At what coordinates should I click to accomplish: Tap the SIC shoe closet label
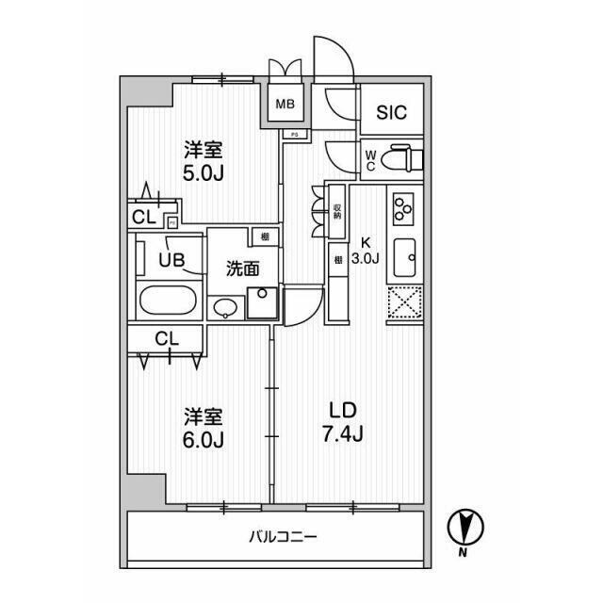pos(392,113)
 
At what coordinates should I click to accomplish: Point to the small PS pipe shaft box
pos(293,134)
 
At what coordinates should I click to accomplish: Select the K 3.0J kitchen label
pos(363,247)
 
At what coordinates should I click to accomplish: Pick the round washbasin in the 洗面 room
pos(227,309)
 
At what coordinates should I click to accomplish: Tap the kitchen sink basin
pos(405,254)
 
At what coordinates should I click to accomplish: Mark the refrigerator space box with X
pos(406,303)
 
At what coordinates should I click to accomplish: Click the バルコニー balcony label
pos(283,537)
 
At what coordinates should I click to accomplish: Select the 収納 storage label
pos(336,207)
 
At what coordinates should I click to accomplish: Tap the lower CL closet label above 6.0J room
pos(166,337)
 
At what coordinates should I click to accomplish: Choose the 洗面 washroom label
pos(242,269)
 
